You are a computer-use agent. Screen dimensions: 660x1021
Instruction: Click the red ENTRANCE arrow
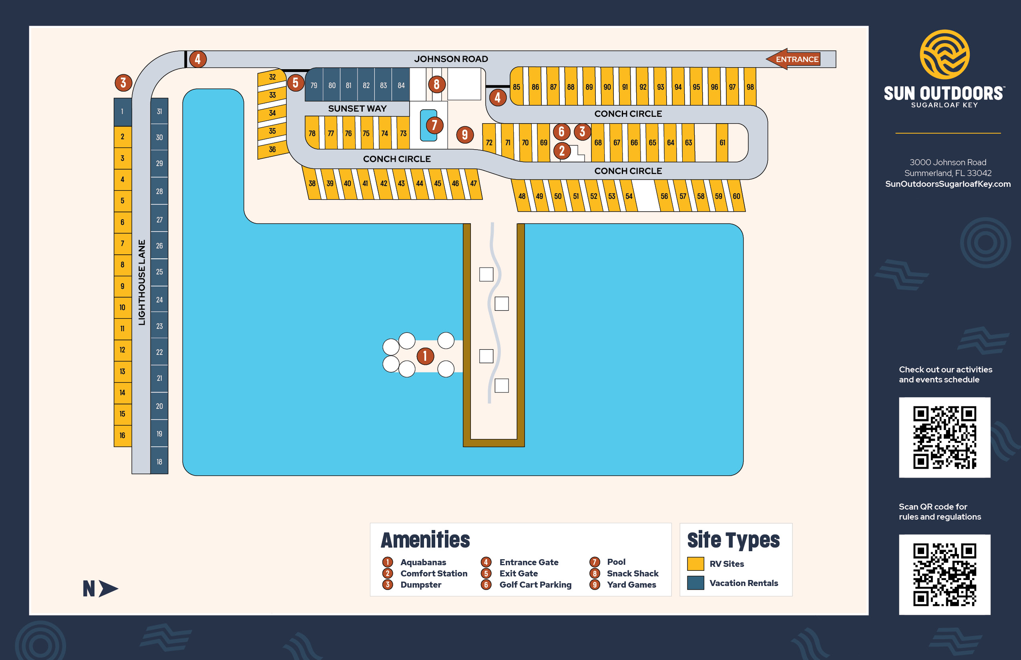[793, 59]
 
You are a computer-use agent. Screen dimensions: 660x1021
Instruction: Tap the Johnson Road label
[450, 59]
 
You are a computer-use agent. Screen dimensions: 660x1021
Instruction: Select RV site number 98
[750, 86]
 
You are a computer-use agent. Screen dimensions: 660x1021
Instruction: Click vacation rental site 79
[314, 85]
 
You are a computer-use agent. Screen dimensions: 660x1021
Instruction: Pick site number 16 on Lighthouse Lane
[122, 436]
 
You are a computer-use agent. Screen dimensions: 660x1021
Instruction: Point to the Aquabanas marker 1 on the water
[425, 356]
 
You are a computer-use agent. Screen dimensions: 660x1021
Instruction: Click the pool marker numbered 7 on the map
[434, 125]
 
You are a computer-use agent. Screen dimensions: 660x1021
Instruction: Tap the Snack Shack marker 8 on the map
[436, 84]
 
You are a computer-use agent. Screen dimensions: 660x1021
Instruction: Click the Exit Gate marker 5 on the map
[295, 83]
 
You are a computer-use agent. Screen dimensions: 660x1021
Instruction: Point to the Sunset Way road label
[357, 108]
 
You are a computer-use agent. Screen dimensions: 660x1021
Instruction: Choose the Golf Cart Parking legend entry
[535, 584]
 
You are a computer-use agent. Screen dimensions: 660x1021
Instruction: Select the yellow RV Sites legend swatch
[695, 564]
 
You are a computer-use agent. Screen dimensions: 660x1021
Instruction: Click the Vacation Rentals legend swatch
[695, 583]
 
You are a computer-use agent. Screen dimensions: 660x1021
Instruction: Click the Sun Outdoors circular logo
[944, 54]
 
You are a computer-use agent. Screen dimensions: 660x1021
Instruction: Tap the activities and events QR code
[944, 437]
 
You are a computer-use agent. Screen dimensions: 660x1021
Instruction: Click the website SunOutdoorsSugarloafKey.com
[948, 184]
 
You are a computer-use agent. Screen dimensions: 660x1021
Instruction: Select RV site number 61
[722, 143]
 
